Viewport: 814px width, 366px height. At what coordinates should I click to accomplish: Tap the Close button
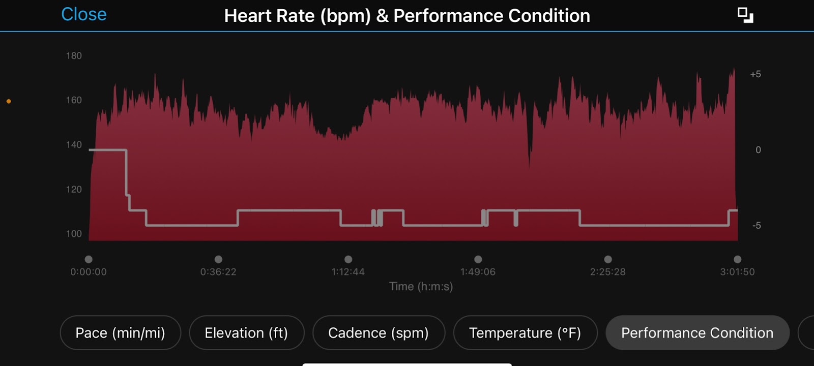(84, 14)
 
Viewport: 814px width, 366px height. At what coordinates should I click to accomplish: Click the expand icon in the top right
(745, 15)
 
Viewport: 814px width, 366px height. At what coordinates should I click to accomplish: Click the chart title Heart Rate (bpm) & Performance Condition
(407, 16)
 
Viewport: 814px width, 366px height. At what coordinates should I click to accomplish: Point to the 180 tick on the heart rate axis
(74, 56)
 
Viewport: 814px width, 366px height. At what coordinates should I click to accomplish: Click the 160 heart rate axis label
(74, 100)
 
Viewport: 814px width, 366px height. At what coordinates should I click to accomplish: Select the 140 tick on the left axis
(74, 145)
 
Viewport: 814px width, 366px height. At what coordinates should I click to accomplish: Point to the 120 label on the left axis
(74, 190)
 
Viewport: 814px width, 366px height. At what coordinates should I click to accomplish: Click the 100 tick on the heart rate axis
(74, 234)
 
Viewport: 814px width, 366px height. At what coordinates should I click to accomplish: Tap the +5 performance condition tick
(755, 74)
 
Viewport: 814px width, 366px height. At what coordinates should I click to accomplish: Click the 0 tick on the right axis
(758, 150)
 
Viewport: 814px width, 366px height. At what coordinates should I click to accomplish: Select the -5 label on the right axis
(757, 226)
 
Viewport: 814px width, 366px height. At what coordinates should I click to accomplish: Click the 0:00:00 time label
(89, 272)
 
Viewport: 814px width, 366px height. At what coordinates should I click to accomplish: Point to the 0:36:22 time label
(218, 272)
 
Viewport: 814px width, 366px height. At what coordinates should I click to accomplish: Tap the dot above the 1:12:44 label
(348, 259)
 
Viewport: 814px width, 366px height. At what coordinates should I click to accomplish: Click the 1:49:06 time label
(478, 272)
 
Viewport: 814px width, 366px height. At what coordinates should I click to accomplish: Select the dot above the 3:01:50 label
(737, 259)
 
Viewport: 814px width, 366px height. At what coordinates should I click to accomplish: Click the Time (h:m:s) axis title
(421, 287)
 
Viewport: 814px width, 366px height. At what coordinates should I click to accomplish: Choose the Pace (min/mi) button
(120, 333)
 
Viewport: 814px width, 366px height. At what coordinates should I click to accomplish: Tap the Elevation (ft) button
(246, 333)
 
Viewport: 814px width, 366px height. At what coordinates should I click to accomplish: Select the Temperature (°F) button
(525, 333)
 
